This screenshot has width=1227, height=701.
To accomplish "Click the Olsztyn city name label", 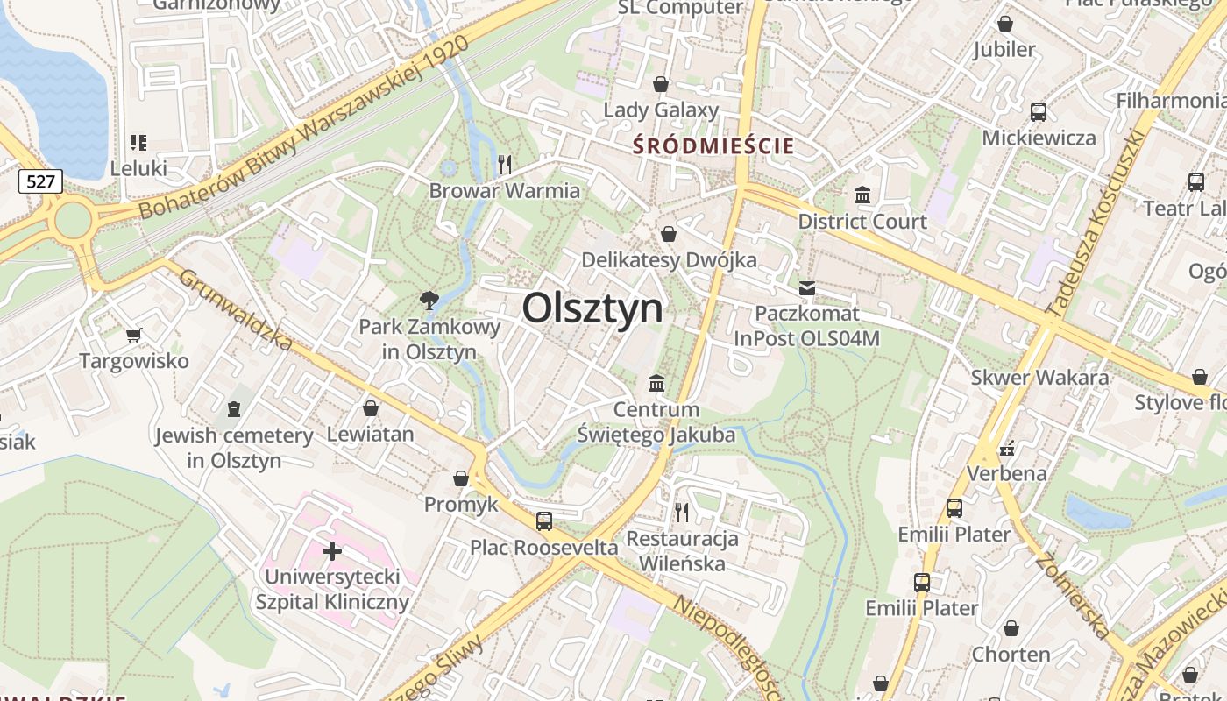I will [592, 308].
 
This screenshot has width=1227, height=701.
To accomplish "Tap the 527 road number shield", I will [40, 181].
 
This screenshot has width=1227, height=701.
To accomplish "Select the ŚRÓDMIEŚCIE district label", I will [713, 145].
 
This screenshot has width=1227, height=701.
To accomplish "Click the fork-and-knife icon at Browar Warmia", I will [505, 164].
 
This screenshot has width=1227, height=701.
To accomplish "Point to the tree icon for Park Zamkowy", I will [429, 301].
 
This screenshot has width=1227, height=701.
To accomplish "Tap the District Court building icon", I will [862, 195].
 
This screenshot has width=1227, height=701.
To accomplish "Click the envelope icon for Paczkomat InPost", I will [806, 287].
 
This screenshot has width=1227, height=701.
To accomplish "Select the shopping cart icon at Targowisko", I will [134, 334].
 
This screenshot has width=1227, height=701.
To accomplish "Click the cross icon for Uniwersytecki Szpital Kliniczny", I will [332, 551].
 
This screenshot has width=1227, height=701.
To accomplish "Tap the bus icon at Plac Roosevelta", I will [544, 521].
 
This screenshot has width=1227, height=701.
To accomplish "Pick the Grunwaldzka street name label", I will [235, 309].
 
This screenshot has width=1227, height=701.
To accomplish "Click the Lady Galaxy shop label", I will [661, 110].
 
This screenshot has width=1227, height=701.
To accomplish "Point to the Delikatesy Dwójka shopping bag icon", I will [669, 234].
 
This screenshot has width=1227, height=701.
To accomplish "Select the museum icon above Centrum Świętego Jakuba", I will [656, 383].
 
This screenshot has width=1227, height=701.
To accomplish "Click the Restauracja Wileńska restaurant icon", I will [682, 512].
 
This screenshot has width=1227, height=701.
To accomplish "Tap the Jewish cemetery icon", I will [233, 408].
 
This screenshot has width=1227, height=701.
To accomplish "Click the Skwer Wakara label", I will [1039, 378].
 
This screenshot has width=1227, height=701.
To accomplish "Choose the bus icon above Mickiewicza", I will [1039, 111].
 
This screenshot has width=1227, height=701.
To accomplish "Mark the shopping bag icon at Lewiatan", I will [371, 408].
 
